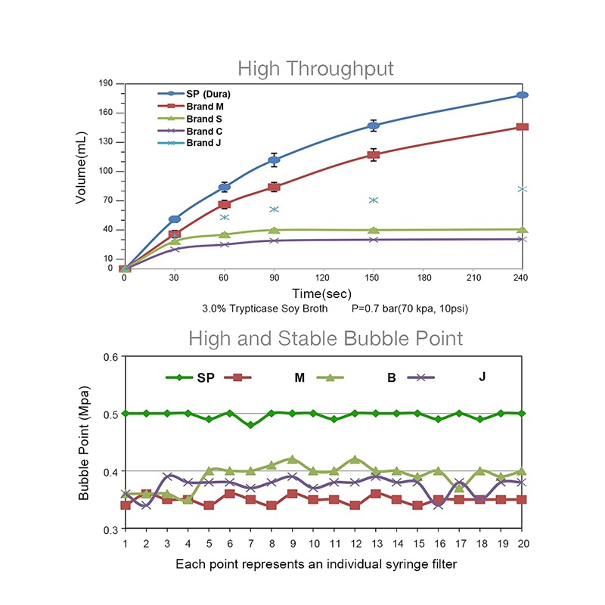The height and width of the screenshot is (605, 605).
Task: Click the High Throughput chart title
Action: (315, 70)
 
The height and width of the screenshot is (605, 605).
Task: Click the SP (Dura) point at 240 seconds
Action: (522, 95)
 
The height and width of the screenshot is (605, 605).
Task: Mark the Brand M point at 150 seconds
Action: (373, 155)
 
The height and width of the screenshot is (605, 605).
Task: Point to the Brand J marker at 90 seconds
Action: (275, 209)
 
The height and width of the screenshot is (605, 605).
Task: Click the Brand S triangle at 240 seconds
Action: (522, 229)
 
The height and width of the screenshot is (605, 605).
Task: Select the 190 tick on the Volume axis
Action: (105, 83)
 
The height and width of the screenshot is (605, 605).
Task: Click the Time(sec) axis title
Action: (323, 293)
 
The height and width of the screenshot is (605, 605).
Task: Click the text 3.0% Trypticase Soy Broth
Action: (264, 309)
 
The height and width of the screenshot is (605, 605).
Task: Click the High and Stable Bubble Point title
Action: (325, 337)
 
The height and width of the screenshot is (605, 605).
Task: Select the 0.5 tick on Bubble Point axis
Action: (110, 414)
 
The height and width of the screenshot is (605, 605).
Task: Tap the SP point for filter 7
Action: (250, 425)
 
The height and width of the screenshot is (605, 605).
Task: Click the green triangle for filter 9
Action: (292, 459)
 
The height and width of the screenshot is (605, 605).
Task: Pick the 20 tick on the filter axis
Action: (521, 543)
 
